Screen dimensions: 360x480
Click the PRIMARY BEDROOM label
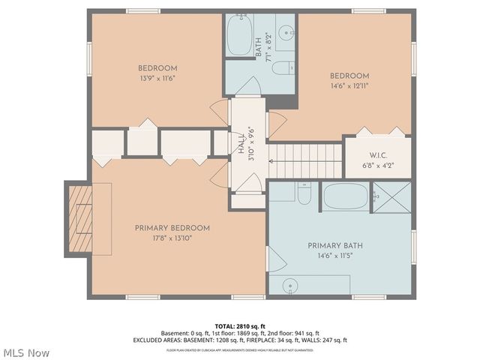coord(172,228)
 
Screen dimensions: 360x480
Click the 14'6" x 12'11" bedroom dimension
coord(350,85)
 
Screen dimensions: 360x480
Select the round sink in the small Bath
coord(286,34)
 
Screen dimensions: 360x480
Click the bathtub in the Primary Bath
coord(346,197)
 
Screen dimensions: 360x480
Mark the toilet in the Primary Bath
coord(304,195)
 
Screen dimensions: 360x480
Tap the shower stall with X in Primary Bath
coord(392,196)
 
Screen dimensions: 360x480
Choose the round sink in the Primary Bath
coord(292,285)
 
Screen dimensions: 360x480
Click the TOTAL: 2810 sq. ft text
coord(240,326)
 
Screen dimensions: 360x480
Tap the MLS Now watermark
coord(26,352)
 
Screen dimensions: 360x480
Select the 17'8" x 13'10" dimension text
coord(172,238)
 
